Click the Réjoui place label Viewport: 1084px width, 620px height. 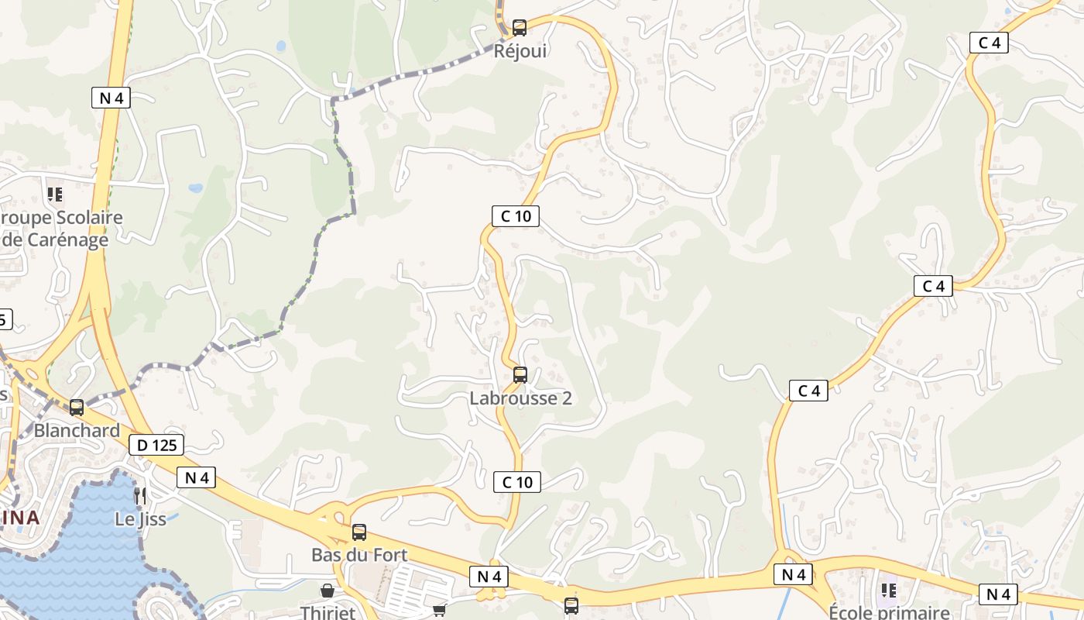coord(520,51)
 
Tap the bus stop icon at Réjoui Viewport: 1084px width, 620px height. coord(520,28)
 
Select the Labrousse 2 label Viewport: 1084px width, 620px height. coord(520,398)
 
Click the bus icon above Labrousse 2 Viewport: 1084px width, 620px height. coord(520,375)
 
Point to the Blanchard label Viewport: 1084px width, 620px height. coord(77,430)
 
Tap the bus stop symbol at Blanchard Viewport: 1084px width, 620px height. coord(77,407)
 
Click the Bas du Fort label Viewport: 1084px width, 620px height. coord(359,555)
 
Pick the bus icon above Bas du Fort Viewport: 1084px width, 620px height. coord(359,532)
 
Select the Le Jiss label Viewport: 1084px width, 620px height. coord(140,518)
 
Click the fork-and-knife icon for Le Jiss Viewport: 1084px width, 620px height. coord(140,495)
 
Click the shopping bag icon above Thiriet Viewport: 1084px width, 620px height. coord(328,591)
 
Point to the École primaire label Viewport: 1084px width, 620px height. coord(889,613)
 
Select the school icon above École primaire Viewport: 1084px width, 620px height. coord(889,591)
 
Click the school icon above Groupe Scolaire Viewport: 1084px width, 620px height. coord(54,194)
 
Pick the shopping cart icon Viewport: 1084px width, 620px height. coord(439,610)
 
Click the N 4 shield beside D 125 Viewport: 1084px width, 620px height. coord(197,477)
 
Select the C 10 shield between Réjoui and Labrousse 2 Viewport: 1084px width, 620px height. coord(516,216)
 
